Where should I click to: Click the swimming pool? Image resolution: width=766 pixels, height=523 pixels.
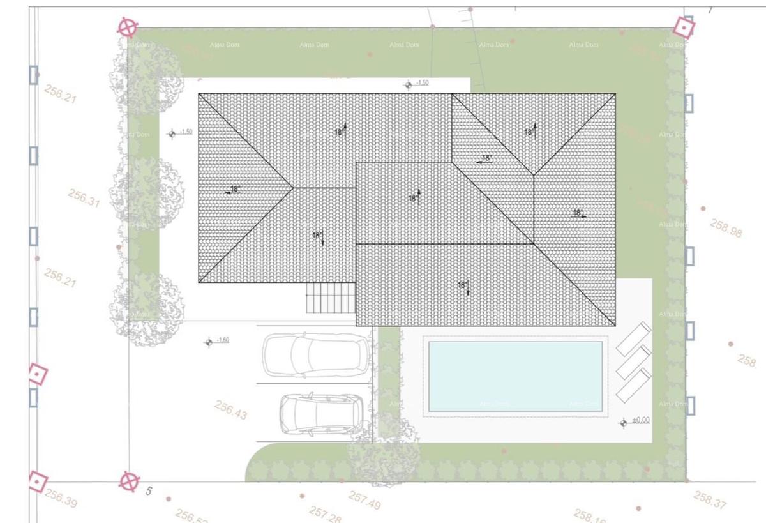[515, 376]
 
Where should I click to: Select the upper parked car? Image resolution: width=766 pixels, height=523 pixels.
[316, 355]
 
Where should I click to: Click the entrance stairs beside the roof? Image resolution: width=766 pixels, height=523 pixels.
[331, 298]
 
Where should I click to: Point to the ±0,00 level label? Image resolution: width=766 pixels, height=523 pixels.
[640, 420]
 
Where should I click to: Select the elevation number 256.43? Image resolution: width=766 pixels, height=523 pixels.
[231, 410]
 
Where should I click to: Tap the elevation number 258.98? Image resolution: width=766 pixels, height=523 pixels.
[726, 228]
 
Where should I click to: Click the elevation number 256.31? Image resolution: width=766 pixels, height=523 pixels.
[84, 198]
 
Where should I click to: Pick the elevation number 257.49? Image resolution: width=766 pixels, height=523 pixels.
[364, 500]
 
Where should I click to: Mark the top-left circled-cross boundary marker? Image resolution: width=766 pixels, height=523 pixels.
[128, 28]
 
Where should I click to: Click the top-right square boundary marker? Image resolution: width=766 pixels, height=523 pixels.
[684, 27]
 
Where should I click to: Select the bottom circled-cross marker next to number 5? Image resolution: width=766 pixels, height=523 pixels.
[129, 481]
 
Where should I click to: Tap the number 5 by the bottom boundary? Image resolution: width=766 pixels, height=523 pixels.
[149, 491]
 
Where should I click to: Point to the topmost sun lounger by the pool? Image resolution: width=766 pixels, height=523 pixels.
[633, 338]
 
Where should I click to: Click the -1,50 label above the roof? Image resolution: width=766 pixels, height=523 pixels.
[422, 83]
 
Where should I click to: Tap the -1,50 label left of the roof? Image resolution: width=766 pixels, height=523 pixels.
[186, 132]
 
